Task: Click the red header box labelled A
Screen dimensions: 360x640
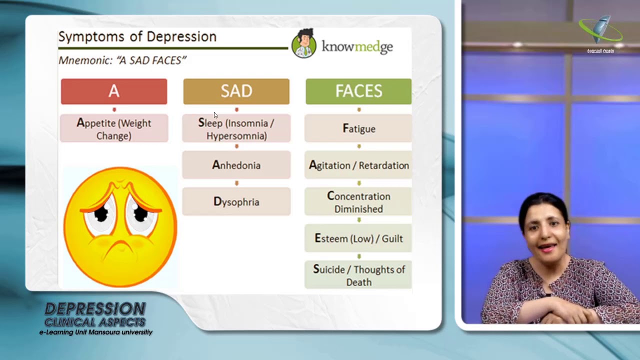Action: [114, 91]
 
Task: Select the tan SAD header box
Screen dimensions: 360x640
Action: [236, 91]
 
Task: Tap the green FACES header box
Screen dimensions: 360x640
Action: [358, 91]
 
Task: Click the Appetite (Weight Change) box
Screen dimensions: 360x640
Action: [114, 129]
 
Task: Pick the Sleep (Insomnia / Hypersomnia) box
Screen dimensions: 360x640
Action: [236, 129]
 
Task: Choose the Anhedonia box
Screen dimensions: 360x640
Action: [236, 165]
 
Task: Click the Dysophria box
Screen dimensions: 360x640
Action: [236, 201]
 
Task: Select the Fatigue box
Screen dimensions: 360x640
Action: [358, 128]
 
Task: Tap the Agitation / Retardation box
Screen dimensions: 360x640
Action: [358, 165]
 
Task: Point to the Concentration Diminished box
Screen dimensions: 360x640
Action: [358, 202]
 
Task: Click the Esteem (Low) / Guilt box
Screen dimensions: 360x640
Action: [358, 238]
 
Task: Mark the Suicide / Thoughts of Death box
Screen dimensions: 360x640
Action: [358, 275]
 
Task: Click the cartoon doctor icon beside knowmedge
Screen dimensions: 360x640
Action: [303, 44]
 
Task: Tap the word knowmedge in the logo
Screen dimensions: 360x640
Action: [357, 47]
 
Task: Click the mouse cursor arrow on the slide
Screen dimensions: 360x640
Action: [215, 115]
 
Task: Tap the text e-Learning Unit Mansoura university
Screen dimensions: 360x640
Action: [96, 332]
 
